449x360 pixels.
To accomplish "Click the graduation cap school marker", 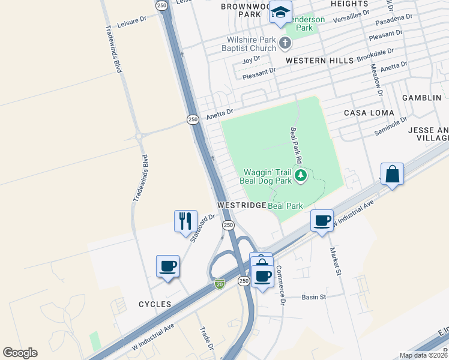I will (280, 13).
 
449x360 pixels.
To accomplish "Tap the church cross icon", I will (285, 43).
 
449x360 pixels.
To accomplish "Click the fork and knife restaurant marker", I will (185, 220).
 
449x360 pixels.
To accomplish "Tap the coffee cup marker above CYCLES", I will (167, 265).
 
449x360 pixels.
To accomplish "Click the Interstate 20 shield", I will (220, 284).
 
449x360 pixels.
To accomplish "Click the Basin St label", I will (314, 297).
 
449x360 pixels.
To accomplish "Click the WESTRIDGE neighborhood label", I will (241, 205).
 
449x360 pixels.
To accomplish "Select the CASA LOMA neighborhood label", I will (369, 113).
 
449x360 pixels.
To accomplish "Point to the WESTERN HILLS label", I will (316, 61).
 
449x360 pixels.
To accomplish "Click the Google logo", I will (20, 353).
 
